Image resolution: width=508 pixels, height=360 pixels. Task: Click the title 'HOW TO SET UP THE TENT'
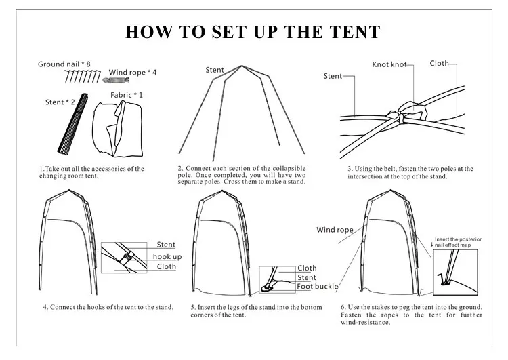click(x=253, y=32)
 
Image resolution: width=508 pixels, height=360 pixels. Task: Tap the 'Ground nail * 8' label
click(x=64, y=64)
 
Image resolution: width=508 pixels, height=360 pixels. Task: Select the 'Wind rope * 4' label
click(x=133, y=72)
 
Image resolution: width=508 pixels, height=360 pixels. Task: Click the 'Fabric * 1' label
click(x=127, y=94)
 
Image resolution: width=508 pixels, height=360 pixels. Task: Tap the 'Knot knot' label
click(x=389, y=65)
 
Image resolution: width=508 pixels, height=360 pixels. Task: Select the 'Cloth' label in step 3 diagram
click(x=439, y=63)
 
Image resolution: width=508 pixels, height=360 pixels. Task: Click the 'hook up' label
click(x=167, y=256)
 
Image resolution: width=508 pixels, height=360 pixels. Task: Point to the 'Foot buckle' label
click(x=317, y=287)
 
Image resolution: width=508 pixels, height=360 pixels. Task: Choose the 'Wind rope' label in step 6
click(x=335, y=230)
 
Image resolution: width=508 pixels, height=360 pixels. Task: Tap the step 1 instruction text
click(x=91, y=172)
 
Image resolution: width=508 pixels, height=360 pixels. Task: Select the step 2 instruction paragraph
click(x=242, y=175)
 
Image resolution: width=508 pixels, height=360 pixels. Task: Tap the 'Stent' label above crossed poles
click(x=215, y=70)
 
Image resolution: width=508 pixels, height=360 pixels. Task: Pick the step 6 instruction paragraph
click(x=411, y=315)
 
